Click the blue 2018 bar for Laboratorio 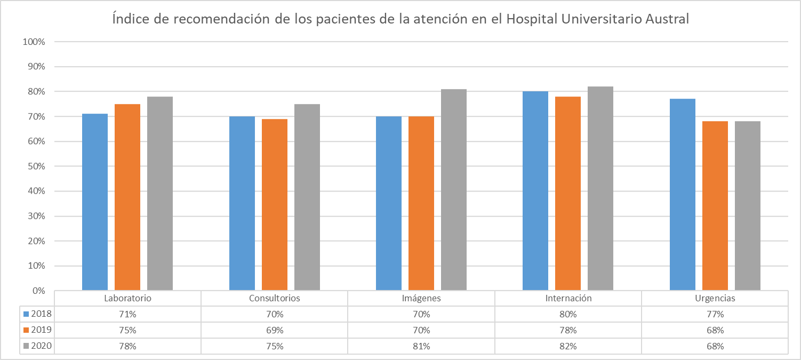[95, 202]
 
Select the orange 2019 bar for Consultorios [275, 205]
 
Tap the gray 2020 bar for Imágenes [454, 190]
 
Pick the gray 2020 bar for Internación [600, 189]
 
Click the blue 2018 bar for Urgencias [683, 195]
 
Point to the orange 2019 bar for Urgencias [715, 206]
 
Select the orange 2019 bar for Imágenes [421, 203]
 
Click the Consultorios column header [275, 298]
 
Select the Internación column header [568, 298]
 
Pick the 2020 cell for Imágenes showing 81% [421, 346]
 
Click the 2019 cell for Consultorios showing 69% [275, 330]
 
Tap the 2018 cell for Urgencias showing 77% [715, 314]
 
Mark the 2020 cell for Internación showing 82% [568, 346]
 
